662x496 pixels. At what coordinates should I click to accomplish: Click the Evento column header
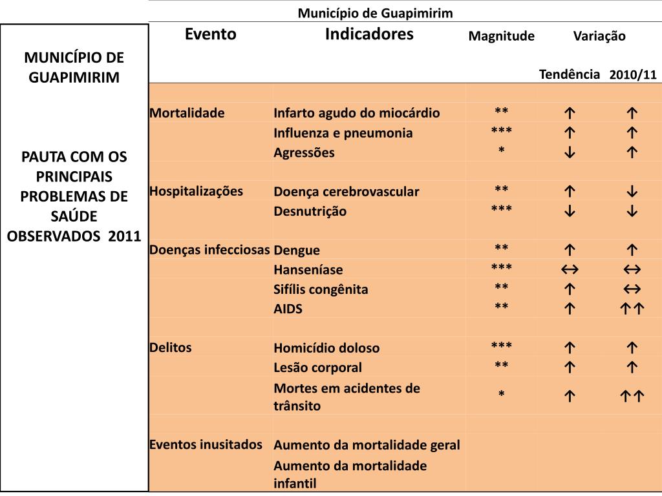211,34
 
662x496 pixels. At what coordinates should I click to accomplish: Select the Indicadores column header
369,34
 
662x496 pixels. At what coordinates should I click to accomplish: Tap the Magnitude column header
502,36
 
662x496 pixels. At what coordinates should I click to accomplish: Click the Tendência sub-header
570,74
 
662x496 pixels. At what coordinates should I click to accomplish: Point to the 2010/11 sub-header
632,75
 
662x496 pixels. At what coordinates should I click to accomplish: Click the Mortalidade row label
187,113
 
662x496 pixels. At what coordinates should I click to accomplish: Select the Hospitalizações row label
197,191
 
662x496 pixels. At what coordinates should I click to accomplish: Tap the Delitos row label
171,347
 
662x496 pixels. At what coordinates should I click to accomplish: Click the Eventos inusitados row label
206,444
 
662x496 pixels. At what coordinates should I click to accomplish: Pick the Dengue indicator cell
297,250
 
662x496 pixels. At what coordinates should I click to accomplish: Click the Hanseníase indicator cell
308,270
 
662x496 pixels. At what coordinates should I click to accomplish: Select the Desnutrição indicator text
310,211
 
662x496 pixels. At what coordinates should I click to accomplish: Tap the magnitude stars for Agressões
502,152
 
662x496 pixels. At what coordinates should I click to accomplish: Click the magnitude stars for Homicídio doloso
502,347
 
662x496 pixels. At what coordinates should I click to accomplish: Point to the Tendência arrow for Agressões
570,153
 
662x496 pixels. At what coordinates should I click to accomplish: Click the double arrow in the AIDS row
632,309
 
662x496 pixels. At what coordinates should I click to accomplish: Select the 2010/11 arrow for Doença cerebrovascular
632,192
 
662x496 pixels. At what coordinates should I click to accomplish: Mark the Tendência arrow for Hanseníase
570,270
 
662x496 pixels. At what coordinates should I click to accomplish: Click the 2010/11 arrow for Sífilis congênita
632,289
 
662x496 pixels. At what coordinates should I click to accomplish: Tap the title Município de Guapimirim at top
375,13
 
